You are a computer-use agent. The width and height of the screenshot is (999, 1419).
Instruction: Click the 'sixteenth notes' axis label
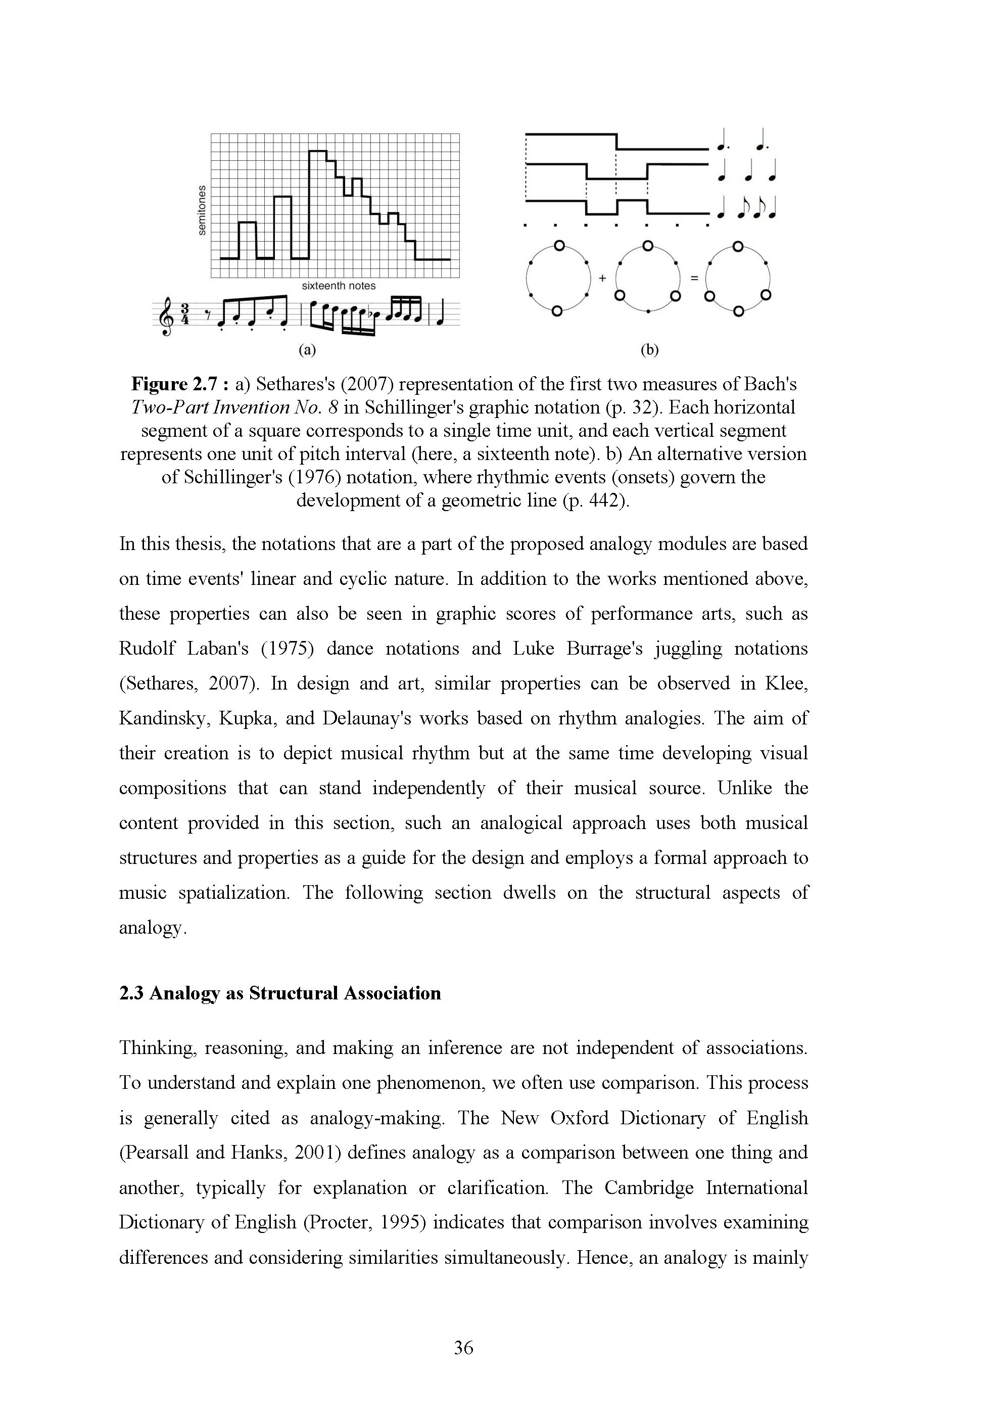coord(339,286)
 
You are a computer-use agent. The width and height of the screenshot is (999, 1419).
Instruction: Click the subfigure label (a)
coord(307,350)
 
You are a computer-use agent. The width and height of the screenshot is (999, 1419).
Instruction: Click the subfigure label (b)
coord(649,350)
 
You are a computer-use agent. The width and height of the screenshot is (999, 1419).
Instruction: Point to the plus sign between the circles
coord(602,278)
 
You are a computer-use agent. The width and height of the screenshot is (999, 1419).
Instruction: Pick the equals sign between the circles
coord(693,278)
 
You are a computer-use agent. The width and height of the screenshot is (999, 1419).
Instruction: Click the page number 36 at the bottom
coord(463,1347)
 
